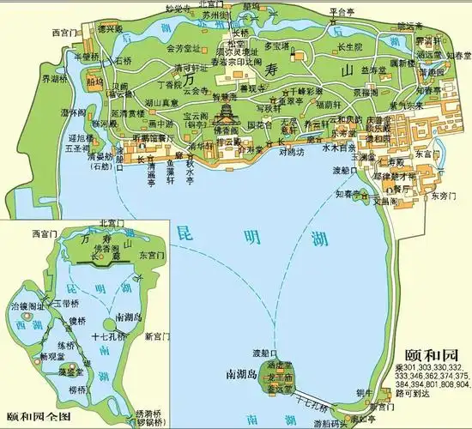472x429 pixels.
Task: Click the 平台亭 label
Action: coord(342,12)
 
